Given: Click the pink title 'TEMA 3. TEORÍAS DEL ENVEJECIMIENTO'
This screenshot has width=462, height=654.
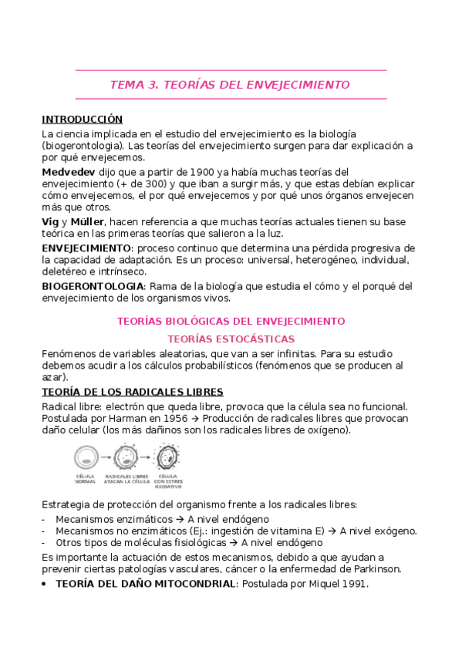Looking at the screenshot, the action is [x=231, y=84].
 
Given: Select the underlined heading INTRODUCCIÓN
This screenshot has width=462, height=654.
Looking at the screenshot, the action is [x=82, y=120].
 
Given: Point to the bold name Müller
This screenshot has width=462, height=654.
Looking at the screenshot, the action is [x=91, y=221].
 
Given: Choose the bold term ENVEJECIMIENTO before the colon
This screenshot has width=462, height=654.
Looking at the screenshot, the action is [x=86, y=248].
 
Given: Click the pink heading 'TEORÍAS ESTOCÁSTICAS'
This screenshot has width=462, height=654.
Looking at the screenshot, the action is [x=231, y=339].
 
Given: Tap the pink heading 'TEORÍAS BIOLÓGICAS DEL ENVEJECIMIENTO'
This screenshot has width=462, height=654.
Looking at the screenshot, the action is [x=231, y=320].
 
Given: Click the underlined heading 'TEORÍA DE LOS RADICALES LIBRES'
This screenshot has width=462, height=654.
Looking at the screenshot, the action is [x=132, y=392].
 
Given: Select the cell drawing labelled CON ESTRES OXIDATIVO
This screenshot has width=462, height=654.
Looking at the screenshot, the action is [x=166, y=458].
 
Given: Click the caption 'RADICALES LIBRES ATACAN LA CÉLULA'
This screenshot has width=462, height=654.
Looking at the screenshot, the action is [x=126, y=480].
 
